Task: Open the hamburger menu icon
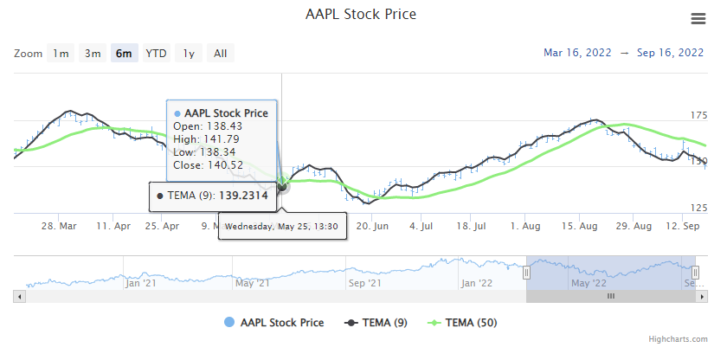tap(698, 19)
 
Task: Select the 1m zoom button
tap(61, 54)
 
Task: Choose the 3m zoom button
tap(93, 54)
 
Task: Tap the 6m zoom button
tap(125, 54)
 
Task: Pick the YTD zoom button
tap(156, 54)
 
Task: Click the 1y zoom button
tap(188, 54)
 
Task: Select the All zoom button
tap(220, 54)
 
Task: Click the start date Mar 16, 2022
tap(577, 53)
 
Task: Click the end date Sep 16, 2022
tap(670, 53)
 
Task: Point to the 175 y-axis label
tap(699, 115)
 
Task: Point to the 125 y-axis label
tap(699, 207)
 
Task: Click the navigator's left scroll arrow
tap(19, 296)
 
